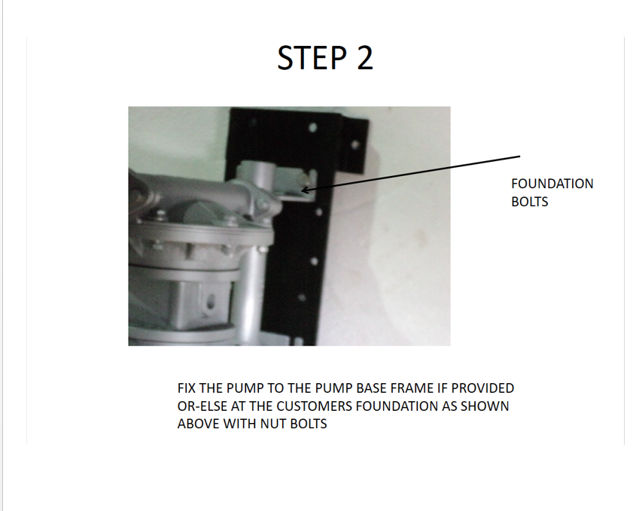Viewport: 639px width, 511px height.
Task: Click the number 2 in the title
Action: pos(364,58)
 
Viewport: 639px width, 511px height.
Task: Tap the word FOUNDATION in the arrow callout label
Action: pos(552,184)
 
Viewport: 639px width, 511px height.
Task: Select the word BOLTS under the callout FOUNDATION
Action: pos(529,201)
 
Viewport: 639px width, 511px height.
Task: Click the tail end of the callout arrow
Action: pos(520,157)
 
